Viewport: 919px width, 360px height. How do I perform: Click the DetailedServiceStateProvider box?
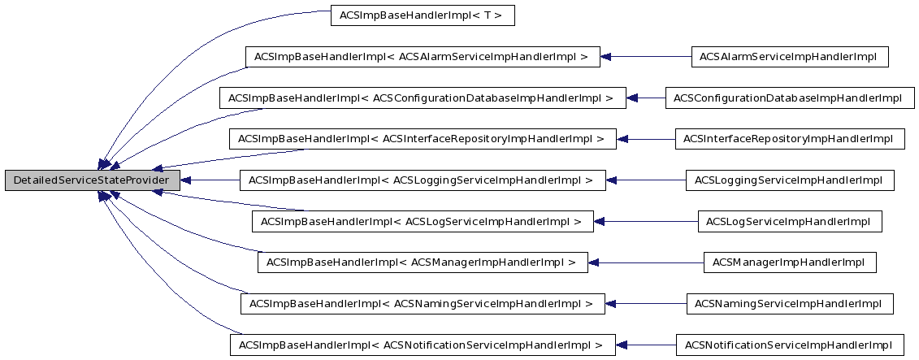92,180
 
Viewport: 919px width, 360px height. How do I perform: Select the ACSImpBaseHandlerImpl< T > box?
423,15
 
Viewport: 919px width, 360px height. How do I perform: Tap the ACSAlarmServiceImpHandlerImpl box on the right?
789,57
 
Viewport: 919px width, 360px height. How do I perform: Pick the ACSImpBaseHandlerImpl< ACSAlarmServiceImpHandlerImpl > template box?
423,57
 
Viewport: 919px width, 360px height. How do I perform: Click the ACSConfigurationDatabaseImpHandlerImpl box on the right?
788,98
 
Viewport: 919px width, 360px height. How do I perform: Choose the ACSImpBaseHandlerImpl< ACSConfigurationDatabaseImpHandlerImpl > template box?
423,98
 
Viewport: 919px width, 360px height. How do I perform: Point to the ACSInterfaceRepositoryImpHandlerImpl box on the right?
789,139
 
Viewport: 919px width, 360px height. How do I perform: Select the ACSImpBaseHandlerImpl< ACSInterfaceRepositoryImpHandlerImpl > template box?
423,139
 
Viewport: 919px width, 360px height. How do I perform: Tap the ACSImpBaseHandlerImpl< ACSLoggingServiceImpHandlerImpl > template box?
423,180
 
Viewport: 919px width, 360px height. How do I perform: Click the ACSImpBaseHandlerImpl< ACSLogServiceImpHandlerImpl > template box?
423,221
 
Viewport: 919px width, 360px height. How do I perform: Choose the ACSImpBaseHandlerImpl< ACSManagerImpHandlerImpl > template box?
423,262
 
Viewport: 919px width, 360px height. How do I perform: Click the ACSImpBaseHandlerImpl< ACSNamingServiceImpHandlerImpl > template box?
423,304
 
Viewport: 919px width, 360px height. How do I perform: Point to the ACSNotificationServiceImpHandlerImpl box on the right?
789,345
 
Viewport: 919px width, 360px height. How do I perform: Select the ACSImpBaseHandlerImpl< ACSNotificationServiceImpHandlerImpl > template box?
423,345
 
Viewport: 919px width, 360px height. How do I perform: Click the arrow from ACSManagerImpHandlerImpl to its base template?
646,262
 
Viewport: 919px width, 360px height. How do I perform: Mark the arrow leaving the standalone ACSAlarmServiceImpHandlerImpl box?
646,57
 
